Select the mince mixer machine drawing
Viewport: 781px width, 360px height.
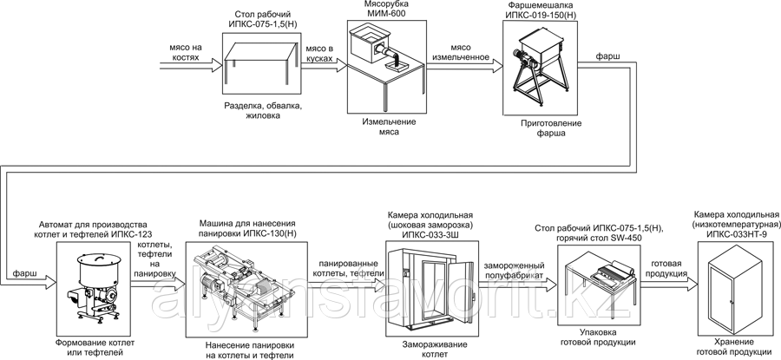(537, 70)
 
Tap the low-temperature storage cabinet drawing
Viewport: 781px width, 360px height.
(732, 286)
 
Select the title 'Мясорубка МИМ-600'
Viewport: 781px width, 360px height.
(382, 10)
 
